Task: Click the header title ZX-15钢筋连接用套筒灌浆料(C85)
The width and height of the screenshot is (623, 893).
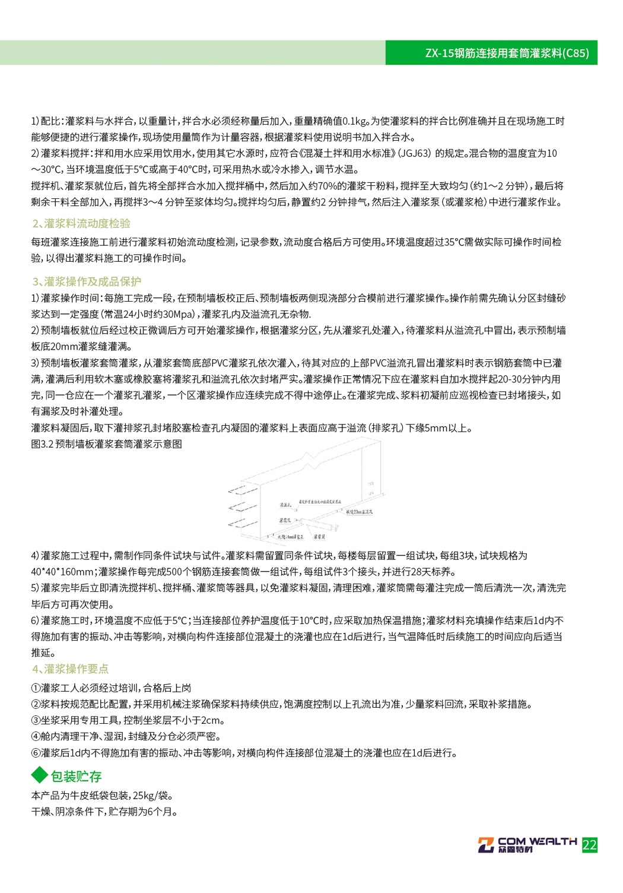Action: point(507,53)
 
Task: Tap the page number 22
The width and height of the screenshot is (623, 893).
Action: point(589,845)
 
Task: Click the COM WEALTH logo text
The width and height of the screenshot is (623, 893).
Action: point(536,841)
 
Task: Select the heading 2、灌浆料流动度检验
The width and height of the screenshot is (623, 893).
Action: point(81,223)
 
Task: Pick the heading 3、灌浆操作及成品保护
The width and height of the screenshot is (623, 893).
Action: point(87,281)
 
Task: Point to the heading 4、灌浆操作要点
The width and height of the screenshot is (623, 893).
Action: point(70,669)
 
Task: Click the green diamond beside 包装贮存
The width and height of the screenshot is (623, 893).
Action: point(39,775)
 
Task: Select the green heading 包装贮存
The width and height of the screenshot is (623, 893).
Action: point(76,776)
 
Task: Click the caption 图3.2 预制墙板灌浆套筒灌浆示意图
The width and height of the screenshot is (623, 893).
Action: point(107,444)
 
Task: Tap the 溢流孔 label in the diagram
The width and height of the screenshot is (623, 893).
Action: point(286,505)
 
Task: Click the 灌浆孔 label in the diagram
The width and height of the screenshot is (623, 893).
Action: point(285,521)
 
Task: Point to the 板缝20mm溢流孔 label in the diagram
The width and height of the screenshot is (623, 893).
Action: point(359,511)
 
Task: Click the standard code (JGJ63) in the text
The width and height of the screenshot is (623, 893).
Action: point(414,153)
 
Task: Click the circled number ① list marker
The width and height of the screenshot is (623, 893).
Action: point(36,688)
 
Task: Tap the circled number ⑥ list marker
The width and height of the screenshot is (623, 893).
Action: point(36,753)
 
